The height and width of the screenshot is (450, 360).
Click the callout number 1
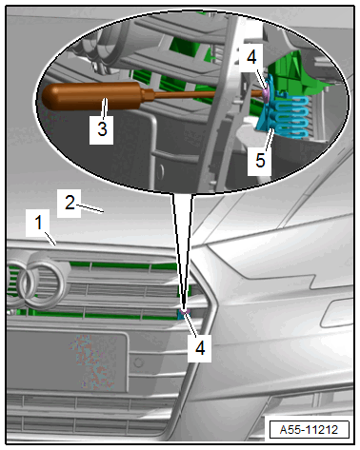click(39, 223)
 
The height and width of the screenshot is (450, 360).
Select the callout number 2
click(70, 203)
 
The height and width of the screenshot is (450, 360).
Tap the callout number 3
click(102, 129)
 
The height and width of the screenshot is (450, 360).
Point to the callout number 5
click(260, 160)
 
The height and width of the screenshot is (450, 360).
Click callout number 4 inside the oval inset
click(251, 58)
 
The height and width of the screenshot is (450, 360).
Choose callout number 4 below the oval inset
click(200, 348)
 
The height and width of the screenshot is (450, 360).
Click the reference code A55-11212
click(309, 430)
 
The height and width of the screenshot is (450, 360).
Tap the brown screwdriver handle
click(93, 96)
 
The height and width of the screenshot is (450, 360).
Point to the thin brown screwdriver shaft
click(207, 94)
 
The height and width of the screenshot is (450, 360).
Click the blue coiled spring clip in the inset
click(290, 117)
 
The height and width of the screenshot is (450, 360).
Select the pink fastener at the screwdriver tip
click(266, 92)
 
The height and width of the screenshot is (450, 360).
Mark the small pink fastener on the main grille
click(185, 311)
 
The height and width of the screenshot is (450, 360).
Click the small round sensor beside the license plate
click(138, 362)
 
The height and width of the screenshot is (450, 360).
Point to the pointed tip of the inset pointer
click(183, 307)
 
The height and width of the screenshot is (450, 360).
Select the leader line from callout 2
click(90, 209)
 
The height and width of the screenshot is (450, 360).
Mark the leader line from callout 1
click(50, 239)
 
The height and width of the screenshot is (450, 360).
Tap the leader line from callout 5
click(269, 142)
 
